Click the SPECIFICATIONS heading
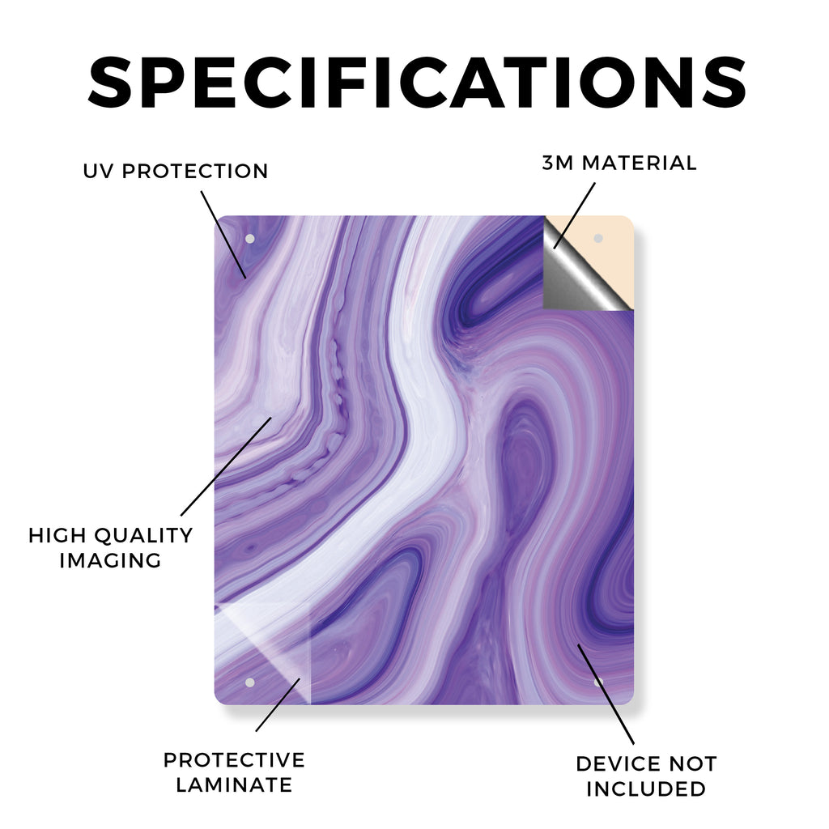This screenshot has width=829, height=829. point(417,83)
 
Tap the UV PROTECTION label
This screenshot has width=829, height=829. point(176,172)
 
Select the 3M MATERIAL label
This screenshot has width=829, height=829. point(619,163)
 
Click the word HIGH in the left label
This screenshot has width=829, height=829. point(57,536)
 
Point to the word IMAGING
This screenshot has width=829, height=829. point(110,560)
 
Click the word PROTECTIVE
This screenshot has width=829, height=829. point(234,760)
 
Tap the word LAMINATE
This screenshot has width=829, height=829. point(234,785)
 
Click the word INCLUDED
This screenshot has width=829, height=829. point(646,789)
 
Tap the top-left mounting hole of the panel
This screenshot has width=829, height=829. point(250,239)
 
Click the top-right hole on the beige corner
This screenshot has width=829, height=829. point(598,239)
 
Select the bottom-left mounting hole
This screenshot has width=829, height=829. point(250,683)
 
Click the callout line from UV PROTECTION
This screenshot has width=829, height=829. point(223,235)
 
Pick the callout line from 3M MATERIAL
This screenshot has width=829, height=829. point(575,215)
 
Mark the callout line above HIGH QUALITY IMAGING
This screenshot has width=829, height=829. point(227,466)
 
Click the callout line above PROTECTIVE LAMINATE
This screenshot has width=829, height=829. point(278,705)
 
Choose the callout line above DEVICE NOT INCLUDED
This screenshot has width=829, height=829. point(606,694)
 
